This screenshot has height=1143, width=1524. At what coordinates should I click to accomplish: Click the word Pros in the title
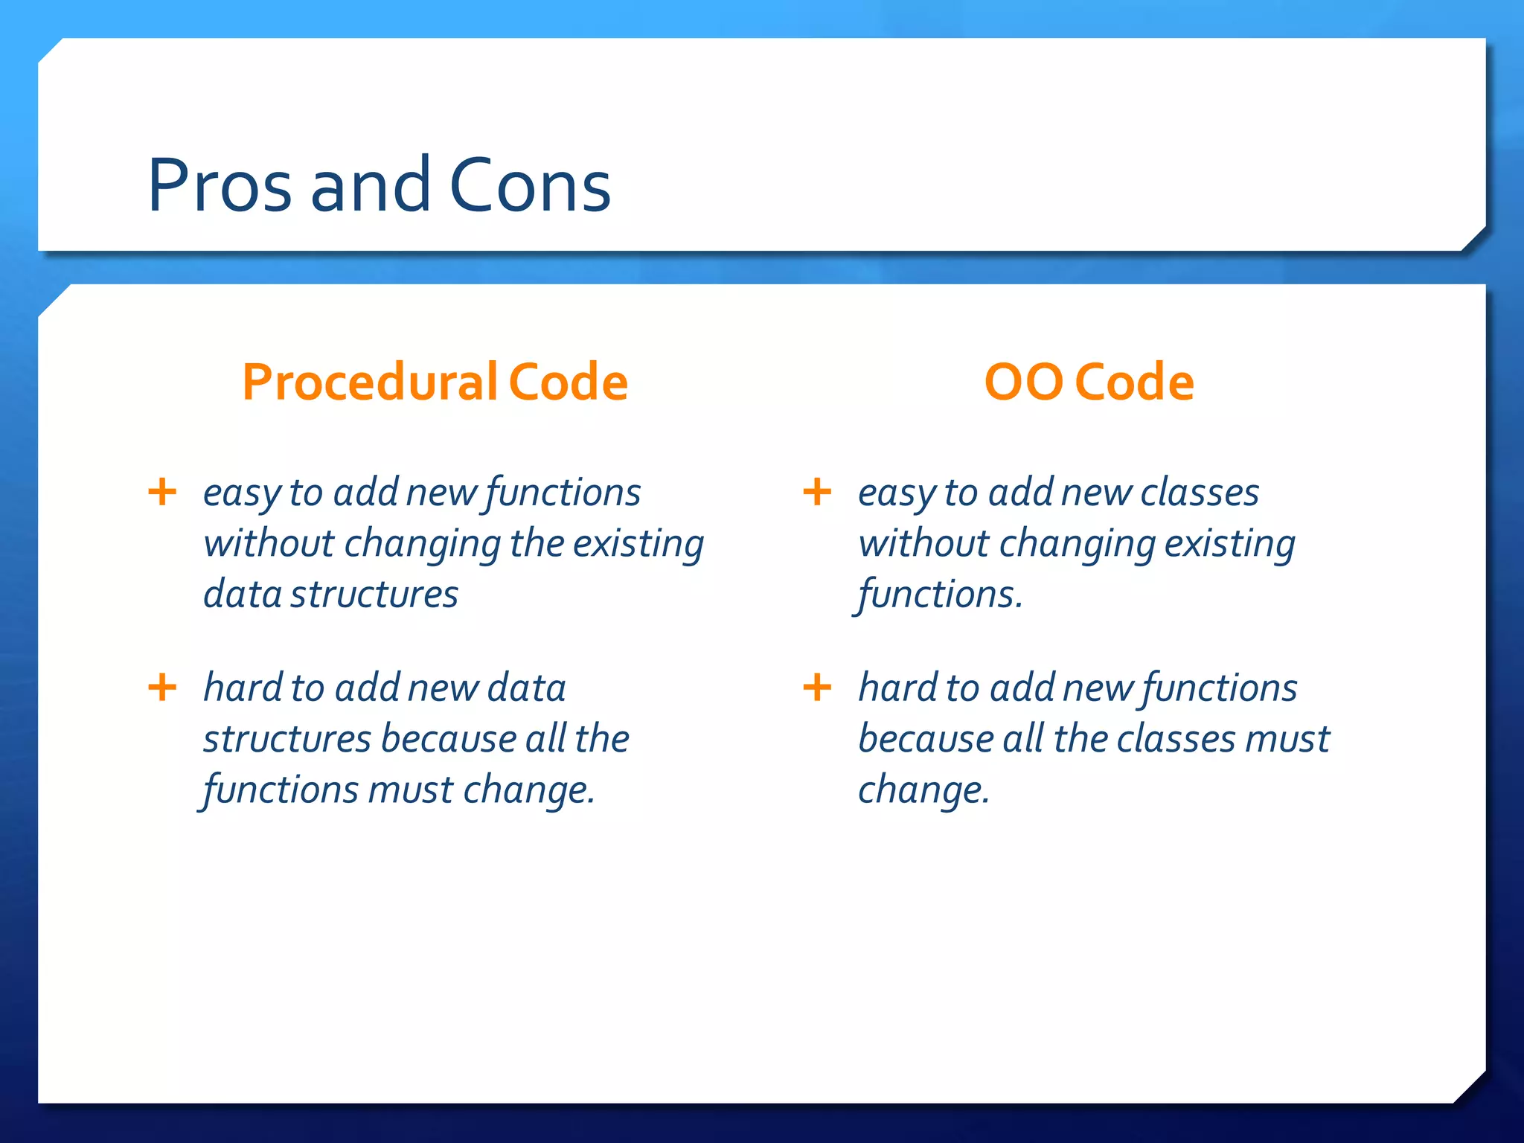[220, 186]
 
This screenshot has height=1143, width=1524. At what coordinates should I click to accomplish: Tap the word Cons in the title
[530, 186]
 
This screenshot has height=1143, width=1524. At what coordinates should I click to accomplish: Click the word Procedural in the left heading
[370, 382]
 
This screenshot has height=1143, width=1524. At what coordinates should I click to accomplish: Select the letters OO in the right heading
[1023, 382]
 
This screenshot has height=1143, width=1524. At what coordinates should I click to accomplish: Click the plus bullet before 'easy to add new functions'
[162, 492]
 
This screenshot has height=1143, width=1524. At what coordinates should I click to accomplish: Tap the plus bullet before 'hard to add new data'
[162, 687]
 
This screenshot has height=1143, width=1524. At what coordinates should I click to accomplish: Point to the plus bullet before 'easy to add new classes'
[817, 492]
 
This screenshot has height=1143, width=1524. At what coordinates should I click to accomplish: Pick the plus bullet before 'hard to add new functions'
[817, 687]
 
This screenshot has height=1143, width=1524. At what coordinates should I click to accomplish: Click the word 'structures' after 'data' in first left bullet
[374, 595]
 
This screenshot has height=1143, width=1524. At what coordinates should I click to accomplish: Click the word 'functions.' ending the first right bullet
[941, 595]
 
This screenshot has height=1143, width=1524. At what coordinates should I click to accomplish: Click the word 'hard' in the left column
[243, 688]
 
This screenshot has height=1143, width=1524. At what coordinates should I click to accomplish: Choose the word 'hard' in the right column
[897, 688]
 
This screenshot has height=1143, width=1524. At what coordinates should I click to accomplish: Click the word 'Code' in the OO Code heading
[1135, 382]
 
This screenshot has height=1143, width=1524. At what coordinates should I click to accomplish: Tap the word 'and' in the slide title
[370, 186]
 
